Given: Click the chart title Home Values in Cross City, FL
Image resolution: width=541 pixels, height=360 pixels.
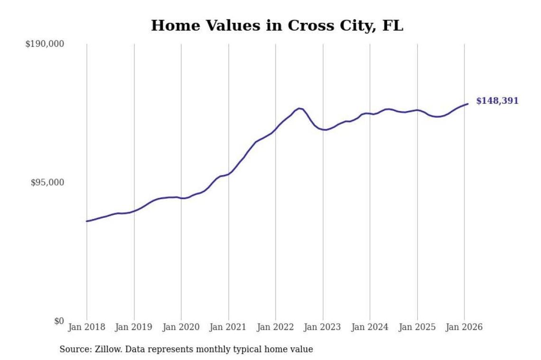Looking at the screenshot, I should point(277,26).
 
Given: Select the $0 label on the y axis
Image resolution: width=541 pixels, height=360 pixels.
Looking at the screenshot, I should point(58,321).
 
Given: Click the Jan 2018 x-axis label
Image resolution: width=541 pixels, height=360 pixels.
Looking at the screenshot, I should point(86,327).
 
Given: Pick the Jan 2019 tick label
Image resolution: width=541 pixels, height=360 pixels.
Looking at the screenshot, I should point(134,327).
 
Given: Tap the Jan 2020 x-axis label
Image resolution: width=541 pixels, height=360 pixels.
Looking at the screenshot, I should point(181,327).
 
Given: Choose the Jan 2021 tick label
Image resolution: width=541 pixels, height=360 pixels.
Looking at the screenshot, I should point(228,327).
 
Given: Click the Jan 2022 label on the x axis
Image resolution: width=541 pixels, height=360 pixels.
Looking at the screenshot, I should point(275,327).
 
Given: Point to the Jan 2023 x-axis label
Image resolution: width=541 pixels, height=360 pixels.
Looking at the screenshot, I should point(323,327).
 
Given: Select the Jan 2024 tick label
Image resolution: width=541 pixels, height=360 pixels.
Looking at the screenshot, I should point(370,327).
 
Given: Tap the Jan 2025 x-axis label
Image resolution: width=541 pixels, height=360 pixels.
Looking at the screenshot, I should point(417,327).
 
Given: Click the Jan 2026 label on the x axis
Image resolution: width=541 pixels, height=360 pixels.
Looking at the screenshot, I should point(464,327).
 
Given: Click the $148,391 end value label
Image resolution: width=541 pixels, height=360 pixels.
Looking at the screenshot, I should point(497,101).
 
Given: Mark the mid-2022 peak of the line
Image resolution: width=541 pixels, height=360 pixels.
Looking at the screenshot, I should point(299,108).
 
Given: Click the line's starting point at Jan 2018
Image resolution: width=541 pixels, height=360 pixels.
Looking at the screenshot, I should point(86,221).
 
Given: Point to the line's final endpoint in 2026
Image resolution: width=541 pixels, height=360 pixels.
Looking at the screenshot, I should point(468,104).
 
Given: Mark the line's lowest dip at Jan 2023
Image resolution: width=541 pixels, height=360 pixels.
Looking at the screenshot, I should point(324,129).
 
